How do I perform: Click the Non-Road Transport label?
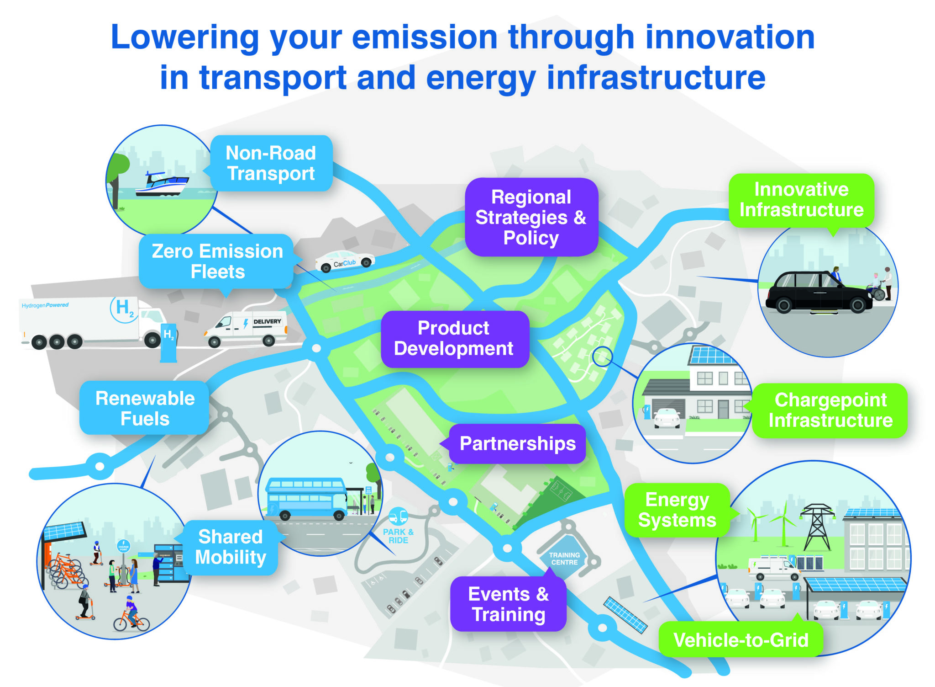point(271,163)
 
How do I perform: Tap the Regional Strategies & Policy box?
point(531,218)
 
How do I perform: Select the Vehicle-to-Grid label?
point(741,640)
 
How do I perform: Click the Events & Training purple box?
point(508,604)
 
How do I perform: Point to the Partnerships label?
point(517,444)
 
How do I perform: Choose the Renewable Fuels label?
point(145,408)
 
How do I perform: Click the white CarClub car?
point(345,261)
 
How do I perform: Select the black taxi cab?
point(817,293)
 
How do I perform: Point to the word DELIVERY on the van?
point(267,322)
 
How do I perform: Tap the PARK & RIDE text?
point(398,536)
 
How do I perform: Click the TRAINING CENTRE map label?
point(564,559)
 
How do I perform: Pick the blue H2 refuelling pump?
point(168,343)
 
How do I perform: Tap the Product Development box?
point(454,339)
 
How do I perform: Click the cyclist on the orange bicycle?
point(131,615)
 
